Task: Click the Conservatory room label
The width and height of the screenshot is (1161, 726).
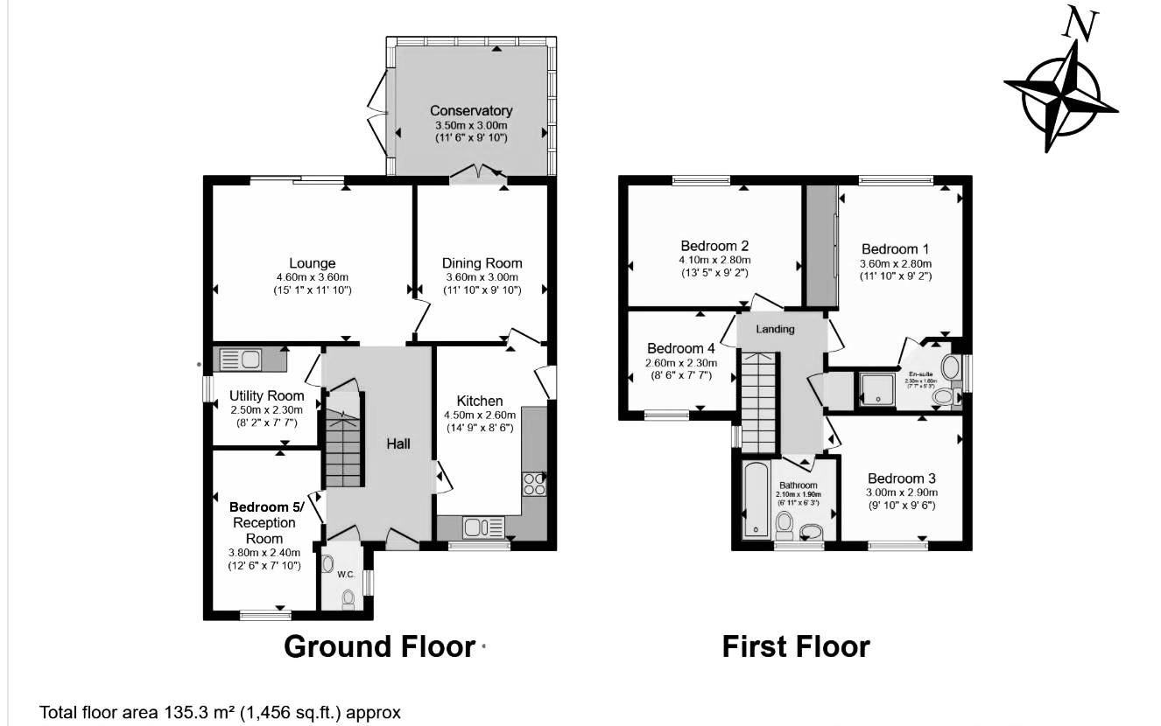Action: (471, 111)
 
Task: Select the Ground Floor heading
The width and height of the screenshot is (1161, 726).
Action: (378, 646)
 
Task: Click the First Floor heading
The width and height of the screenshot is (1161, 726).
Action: (795, 646)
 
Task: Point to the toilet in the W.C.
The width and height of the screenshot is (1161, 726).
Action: (348, 597)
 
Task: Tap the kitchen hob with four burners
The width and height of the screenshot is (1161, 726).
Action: (534, 484)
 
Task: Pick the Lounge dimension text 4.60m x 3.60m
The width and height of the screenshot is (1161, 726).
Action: (313, 277)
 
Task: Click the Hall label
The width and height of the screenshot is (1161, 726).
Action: (399, 444)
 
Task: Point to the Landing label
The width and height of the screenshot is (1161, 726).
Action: (775, 329)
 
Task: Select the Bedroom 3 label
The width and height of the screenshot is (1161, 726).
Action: (901, 478)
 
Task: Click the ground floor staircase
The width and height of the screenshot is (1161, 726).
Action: (343, 450)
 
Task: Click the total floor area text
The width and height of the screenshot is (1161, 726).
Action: (220, 712)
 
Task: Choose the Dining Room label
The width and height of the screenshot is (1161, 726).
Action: (482, 263)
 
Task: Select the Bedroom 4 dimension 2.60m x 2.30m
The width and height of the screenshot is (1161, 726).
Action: (680, 363)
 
